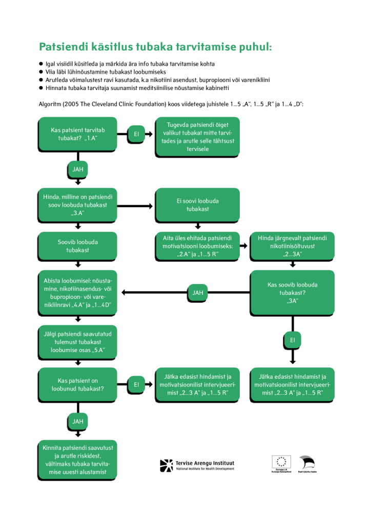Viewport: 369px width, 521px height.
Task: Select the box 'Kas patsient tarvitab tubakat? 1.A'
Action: tap(78, 134)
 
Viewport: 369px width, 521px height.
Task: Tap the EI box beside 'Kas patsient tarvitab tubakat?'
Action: tap(136, 134)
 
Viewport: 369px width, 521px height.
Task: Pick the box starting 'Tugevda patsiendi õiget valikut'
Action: tap(198, 137)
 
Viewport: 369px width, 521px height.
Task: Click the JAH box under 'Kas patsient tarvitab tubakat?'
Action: tap(78, 169)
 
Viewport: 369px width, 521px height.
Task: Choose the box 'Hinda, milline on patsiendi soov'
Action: tap(78, 204)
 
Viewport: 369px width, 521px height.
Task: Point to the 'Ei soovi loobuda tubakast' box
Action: tap(198, 204)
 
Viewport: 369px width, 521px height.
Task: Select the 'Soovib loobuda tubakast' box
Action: tap(78, 246)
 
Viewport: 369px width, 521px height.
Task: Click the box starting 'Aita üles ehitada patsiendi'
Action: tap(198, 246)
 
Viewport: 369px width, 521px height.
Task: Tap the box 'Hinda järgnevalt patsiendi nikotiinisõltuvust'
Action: tap(293, 246)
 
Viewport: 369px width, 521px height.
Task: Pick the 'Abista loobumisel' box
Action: tap(78, 292)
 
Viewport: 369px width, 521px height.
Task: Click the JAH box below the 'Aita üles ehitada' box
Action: tap(198, 293)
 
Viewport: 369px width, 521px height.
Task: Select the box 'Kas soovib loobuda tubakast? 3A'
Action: tap(293, 292)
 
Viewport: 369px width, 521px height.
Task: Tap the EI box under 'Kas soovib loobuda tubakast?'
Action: tap(293, 340)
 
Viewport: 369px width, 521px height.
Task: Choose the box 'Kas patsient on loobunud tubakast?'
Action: tap(78, 384)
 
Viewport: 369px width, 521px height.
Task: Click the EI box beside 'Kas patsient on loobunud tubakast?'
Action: tap(136, 384)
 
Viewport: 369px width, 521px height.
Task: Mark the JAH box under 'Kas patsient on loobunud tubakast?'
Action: tap(78, 421)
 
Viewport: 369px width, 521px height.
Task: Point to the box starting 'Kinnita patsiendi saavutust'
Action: tap(78, 460)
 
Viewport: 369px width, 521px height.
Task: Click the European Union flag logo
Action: tap(281, 462)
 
